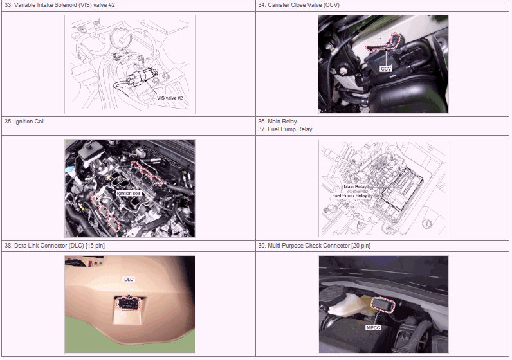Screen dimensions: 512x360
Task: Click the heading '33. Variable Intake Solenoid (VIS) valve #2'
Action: coord(60,5)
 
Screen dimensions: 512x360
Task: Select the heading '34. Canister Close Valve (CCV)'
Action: coord(299,5)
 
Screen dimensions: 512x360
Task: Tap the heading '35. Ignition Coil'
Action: coord(24,122)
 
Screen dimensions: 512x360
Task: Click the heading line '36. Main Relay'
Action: coord(278,122)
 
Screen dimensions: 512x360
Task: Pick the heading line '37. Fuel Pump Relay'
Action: coord(285,129)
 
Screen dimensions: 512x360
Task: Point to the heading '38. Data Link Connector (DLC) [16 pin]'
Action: coord(55,246)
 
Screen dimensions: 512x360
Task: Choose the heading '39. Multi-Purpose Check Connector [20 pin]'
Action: coord(314,246)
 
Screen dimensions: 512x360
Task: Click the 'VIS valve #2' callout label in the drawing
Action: coord(170,98)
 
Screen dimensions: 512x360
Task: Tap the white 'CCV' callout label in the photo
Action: coord(386,69)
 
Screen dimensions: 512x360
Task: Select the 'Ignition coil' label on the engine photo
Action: coord(129,194)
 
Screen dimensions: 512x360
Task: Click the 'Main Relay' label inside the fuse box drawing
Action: coord(355,187)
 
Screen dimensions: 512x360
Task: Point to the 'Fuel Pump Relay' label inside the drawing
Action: coord(350,195)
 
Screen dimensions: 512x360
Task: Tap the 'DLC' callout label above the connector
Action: coord(129,280)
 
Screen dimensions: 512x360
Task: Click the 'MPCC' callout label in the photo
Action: coord(373,327)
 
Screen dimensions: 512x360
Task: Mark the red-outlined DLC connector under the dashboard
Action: coord(129,304)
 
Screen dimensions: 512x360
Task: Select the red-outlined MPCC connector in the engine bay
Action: coord(383,305)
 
